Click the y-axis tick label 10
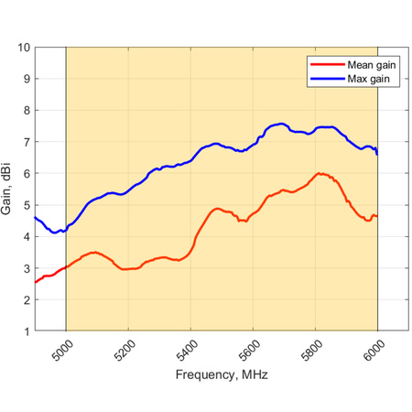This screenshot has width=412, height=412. coord(23,48)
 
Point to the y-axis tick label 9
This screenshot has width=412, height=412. coord(26,79)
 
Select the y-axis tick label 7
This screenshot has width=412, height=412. coord(26,142)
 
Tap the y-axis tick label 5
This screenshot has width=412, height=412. coord(26,205)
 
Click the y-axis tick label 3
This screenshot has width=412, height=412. coord(26,268)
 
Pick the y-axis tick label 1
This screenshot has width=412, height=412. coord(26,331)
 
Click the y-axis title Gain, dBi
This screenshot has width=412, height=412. coord(8,190)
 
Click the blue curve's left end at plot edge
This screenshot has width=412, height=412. coord(36,217)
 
